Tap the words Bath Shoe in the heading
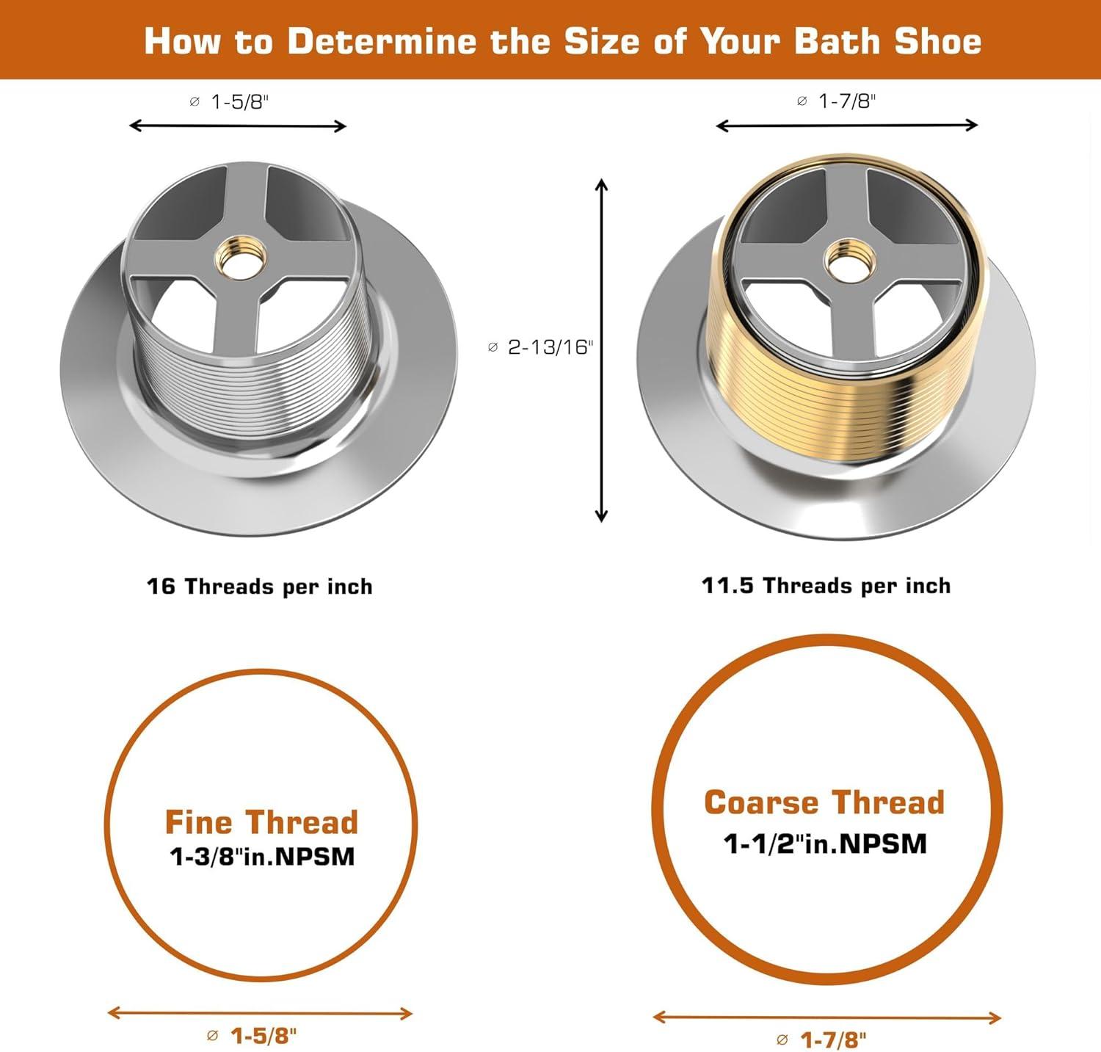click(x=888, y=41)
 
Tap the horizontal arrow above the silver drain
click(x=238, y=126)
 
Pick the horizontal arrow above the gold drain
click(x=847, y=126)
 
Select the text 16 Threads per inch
click(x=260, y=587)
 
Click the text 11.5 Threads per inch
click(x=826, y=586)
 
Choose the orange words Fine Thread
click(x=261, y=822)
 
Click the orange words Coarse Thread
click(x=824, y=802)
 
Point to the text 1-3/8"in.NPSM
click(x=262, y=857)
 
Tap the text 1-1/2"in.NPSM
click(x=826, y=844)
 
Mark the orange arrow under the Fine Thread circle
click(x=261, y=1014)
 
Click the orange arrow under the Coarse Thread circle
click(x=827, y=1017)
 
